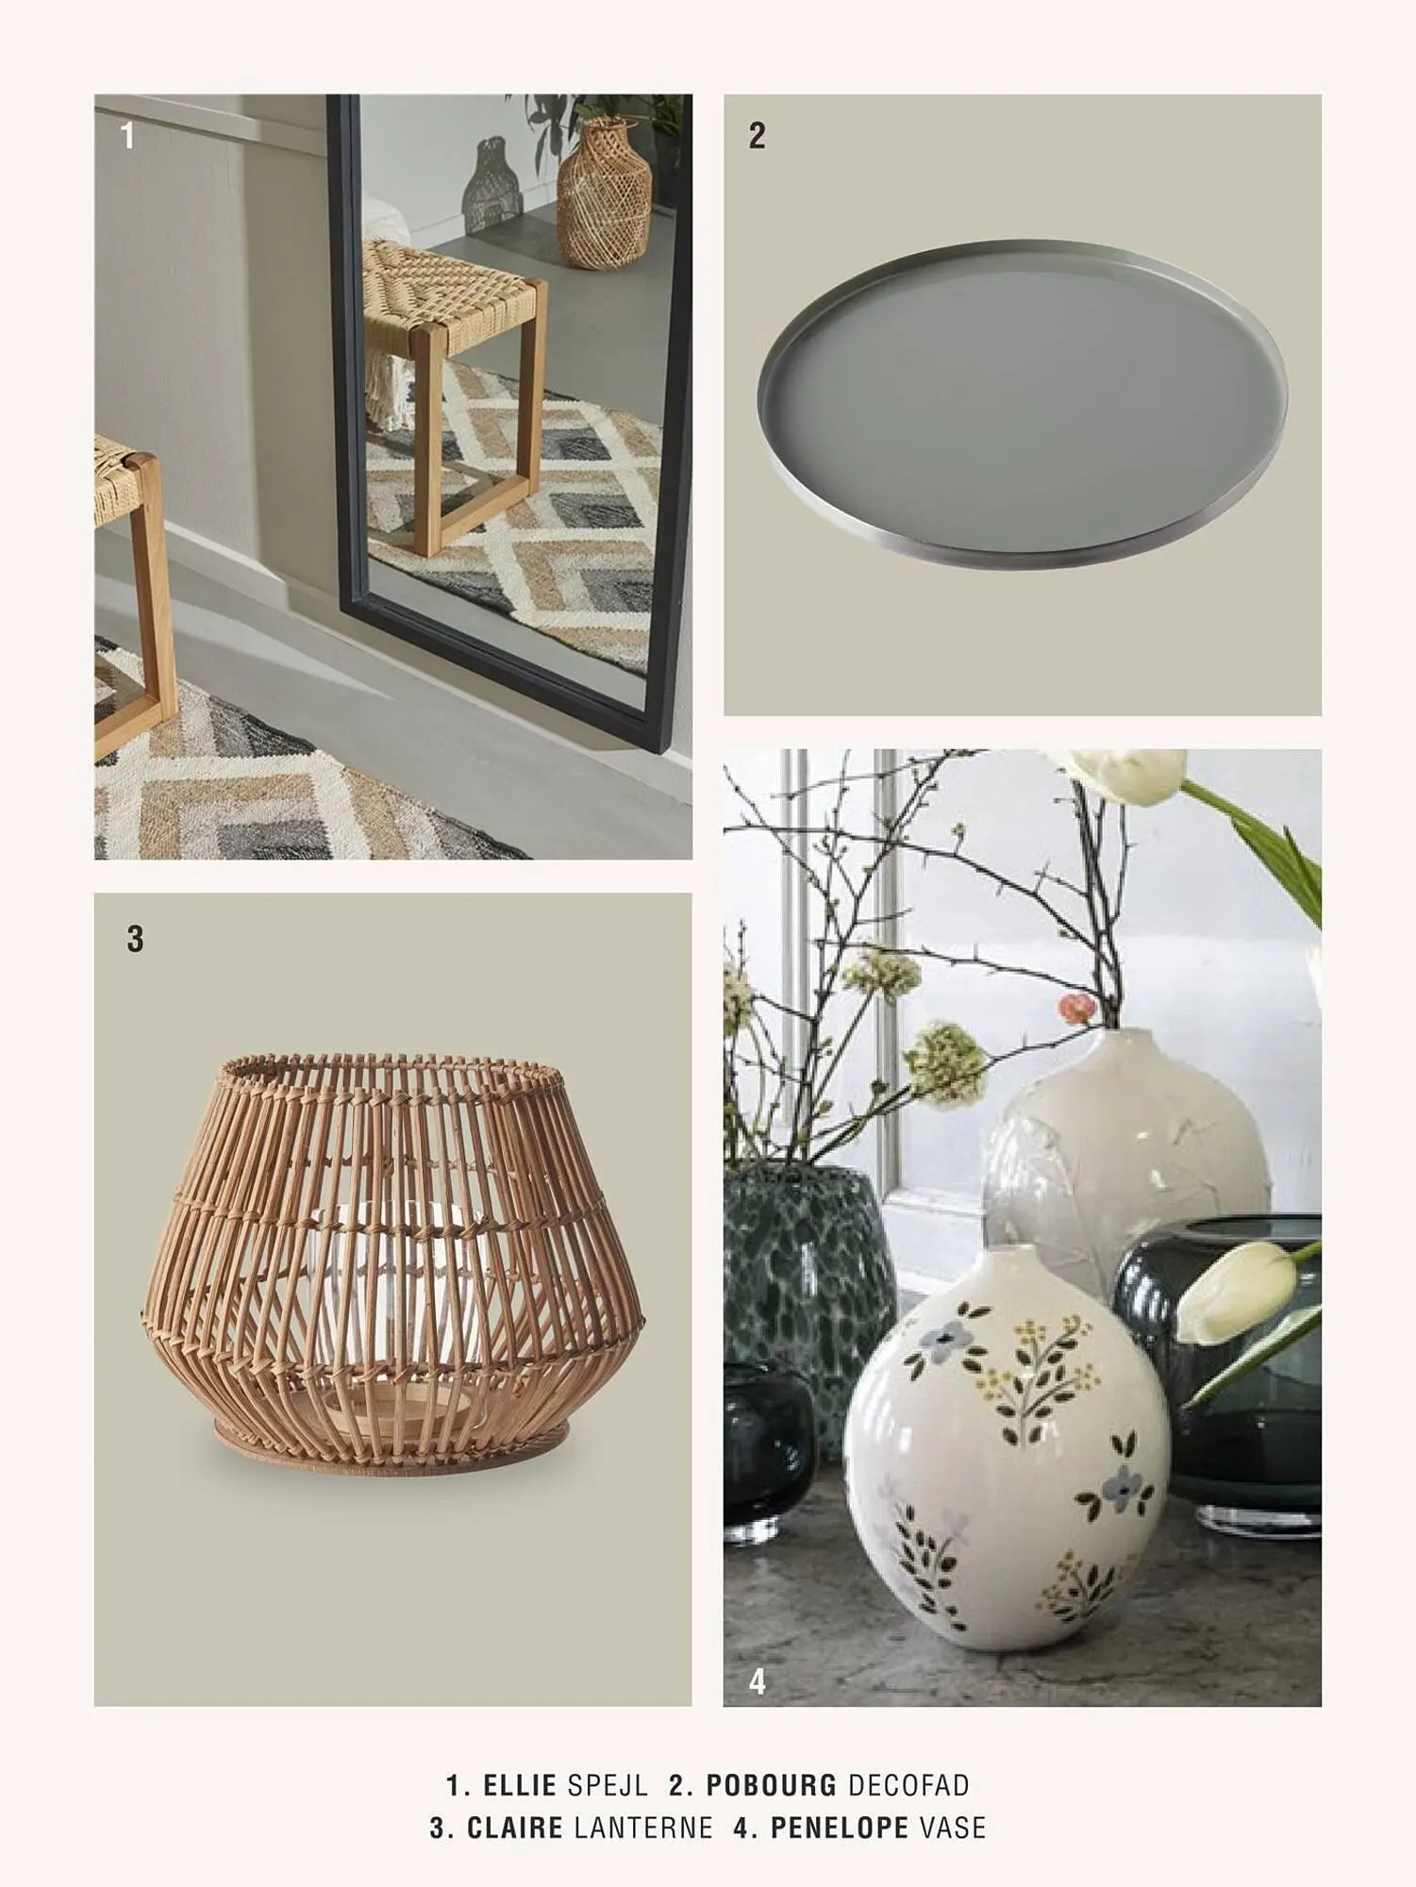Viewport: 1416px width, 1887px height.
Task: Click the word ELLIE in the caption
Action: tap(519, 1785)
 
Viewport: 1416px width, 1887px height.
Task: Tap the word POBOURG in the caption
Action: tap(771, 1785)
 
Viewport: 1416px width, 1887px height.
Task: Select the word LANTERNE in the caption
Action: tap(643, 1828)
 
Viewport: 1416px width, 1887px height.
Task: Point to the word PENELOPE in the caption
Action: tap(839, 1828)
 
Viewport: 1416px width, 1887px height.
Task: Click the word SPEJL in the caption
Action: tap(608, 1785)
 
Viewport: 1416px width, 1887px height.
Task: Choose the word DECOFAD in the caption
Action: tap(908, 1785)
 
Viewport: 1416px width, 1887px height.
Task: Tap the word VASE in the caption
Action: tap(953, 1828)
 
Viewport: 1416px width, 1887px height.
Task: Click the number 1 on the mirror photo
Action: tap(128, 138)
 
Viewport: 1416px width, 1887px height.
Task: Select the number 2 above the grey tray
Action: tap(757, 136)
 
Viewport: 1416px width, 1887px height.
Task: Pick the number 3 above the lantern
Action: tap(135, 939)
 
